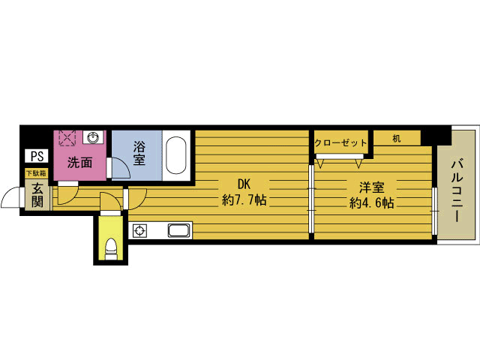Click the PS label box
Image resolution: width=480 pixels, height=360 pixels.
(x=37, y=156)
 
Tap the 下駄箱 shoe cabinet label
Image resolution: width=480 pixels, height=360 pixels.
(x=37, y=173)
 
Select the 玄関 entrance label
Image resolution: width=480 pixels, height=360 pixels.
(x=37, y=195)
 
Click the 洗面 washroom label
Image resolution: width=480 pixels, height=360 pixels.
(x=79, y=163)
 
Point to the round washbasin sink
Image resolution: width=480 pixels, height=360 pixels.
(x=92, y=137)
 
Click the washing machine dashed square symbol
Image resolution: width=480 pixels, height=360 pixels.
(x=67, y=139)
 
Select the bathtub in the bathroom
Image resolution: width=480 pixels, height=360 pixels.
(x=176, y=155)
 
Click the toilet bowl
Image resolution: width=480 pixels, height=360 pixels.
(x=111, y=249)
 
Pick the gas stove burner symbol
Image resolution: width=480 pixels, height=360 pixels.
(x=139, y=230)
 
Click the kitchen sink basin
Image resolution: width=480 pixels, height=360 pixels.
(x=179, y=230)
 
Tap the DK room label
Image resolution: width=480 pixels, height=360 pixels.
(x=244, y=184)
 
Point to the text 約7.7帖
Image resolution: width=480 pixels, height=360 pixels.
(x=244, y=200)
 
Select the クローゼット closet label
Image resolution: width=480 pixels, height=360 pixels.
(x=340, y=142)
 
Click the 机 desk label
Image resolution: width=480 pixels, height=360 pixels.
(x=397, y=139)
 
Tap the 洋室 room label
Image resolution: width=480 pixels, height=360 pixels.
(x=372, y=187)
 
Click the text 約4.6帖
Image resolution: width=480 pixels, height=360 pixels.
(x=371, y=203)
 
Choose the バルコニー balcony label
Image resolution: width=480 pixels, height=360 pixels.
(x=457, y=190)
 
